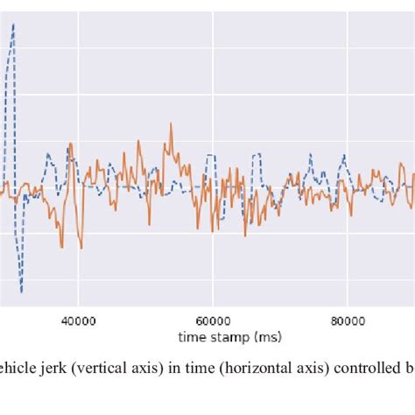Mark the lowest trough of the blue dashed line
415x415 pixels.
coord(21,292)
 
